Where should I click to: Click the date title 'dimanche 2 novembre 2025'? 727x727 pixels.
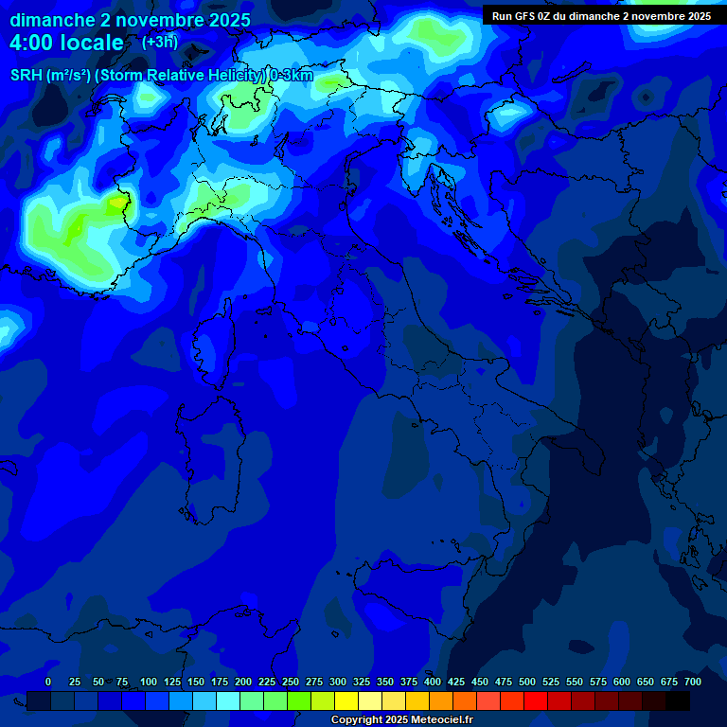[130, 20]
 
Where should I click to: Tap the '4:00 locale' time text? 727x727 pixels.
[66, 43]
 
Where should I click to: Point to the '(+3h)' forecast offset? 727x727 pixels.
[159, 42]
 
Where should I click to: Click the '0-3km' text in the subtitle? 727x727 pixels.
[291, 76]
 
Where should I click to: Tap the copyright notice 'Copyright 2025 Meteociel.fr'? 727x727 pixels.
[401, 719]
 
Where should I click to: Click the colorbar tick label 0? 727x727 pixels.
[48, 682]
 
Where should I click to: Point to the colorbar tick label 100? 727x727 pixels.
[149, 682]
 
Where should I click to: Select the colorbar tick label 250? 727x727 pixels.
[291, 682]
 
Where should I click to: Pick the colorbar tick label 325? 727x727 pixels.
[362, 682]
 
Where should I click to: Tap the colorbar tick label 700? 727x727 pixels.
[693, 682]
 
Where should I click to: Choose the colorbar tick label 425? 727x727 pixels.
[456, 682]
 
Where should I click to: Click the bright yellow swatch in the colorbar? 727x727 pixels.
[346, 700]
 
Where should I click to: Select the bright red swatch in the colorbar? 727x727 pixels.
[536, 700]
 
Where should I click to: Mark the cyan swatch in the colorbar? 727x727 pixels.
[228, 700]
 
